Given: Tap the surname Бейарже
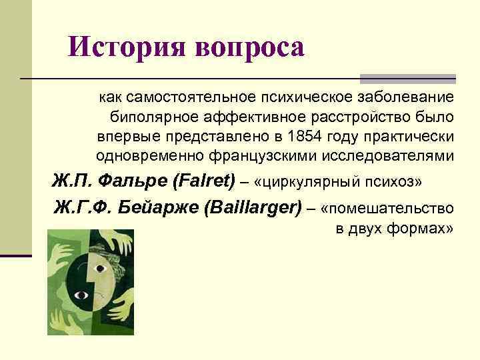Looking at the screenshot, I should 158,207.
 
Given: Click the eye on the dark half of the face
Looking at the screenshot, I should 83,294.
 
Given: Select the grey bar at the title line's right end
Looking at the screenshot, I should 407,78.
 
